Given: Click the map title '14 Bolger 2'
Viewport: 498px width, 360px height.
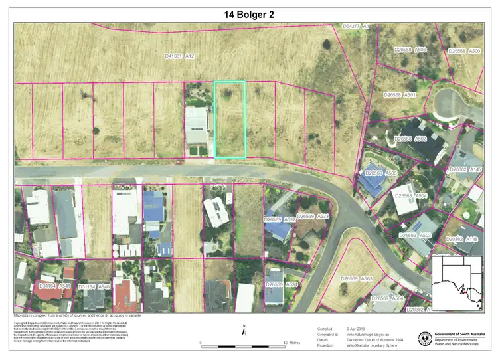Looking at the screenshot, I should tap(249, 13).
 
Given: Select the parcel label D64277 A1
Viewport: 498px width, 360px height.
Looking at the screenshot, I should tap(356, 26).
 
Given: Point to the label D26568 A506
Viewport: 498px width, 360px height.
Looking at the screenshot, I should tap(410, 50).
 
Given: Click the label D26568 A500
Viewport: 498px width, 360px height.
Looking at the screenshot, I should tap(464, 51).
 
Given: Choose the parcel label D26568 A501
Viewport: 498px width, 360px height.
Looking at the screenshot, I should tap(400, 95).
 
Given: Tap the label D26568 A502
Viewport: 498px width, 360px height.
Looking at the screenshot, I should tap(410, 139).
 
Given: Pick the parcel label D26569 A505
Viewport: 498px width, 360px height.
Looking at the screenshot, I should tap(380, 173).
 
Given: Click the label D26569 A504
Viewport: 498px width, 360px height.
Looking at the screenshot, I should tap(411, 196).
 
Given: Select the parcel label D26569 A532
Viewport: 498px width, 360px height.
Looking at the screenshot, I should tap(280, 218).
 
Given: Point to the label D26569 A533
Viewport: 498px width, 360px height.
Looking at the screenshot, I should tap(313, 217).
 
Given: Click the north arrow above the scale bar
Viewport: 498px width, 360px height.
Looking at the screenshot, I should tap(244, 330).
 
